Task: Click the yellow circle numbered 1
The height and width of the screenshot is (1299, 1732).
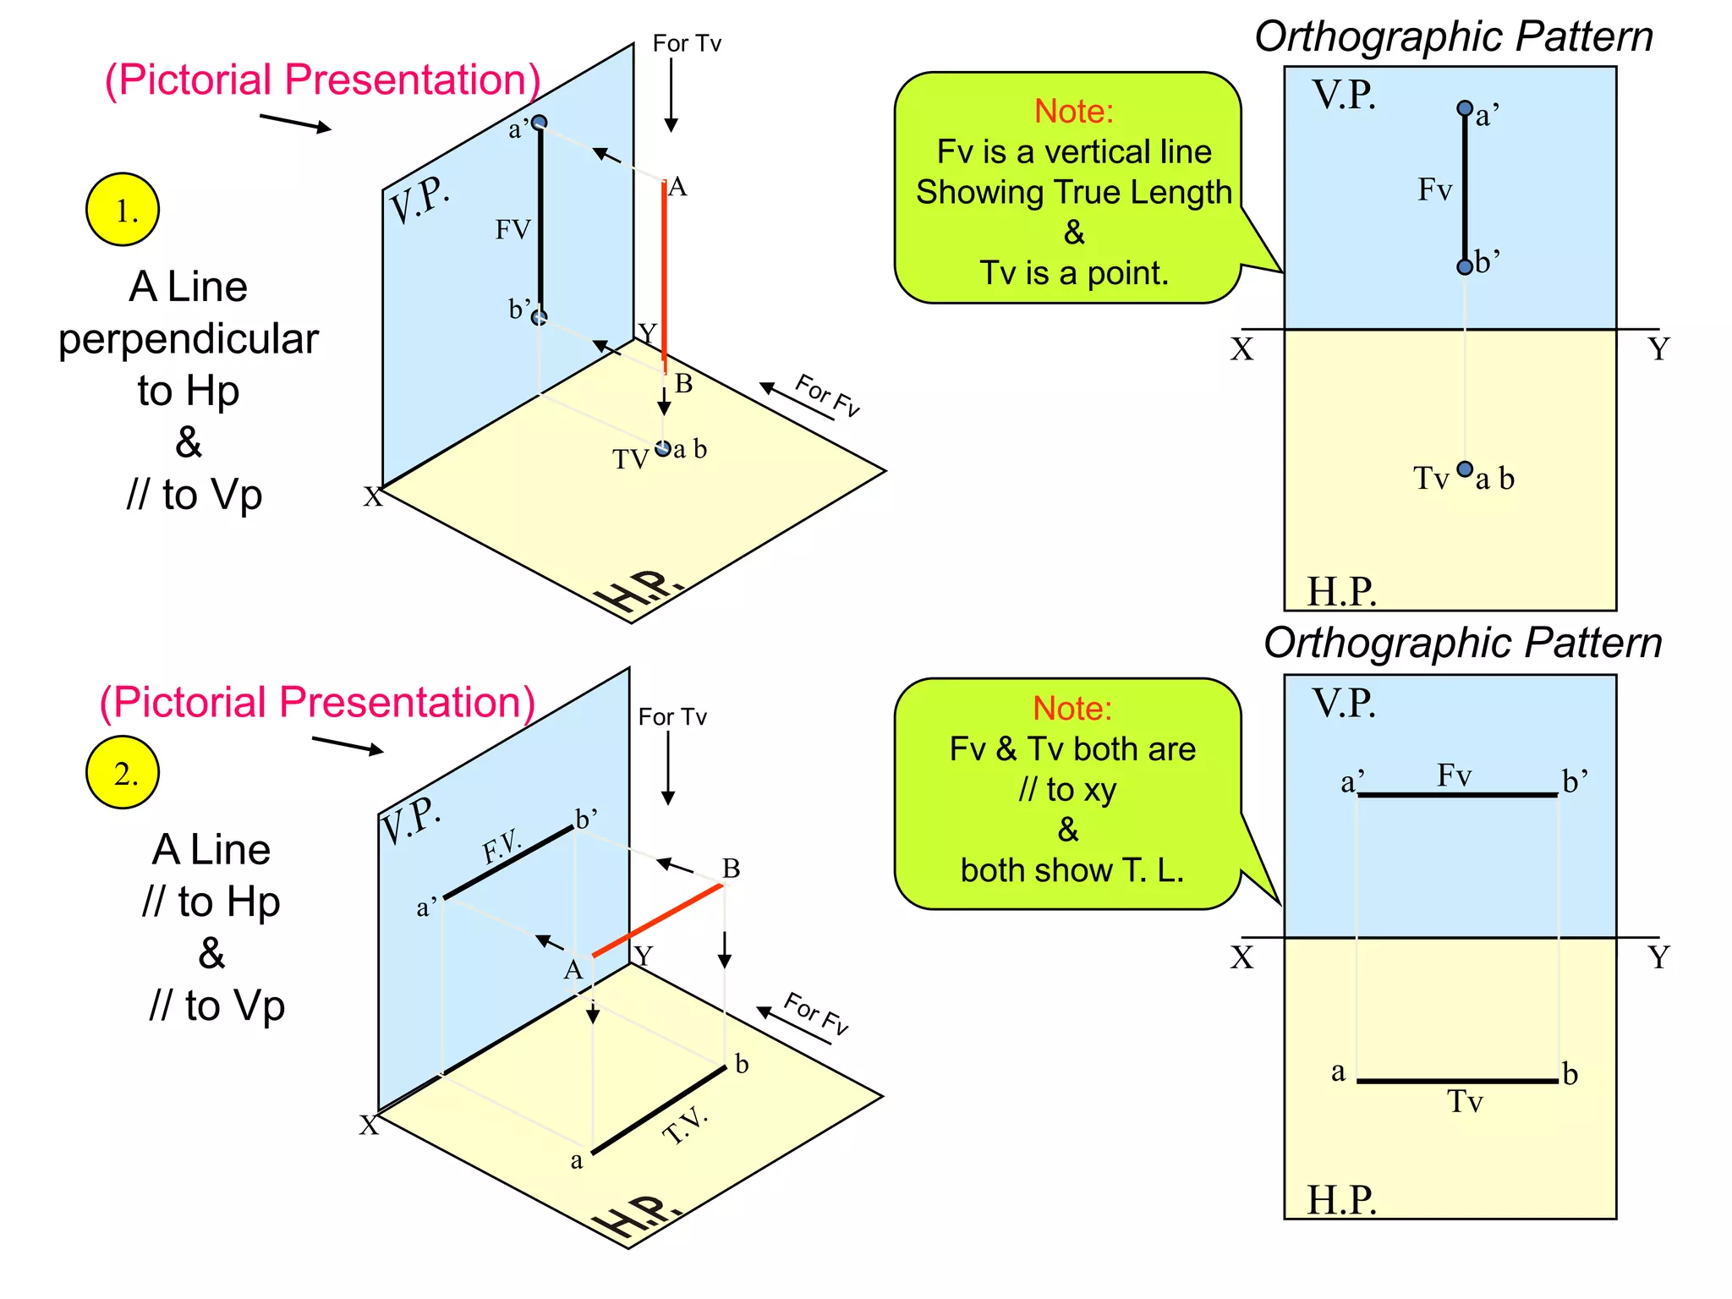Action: coord(123,210)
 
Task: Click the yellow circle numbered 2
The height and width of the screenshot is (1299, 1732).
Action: coord(123,772)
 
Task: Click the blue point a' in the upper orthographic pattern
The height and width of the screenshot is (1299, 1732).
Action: coord(1465,108)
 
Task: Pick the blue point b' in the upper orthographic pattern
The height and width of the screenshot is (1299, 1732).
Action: coord(1465,267)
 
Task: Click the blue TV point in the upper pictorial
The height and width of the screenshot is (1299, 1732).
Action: coord(663,448)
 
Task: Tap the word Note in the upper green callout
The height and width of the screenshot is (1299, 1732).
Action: coord(1074,112)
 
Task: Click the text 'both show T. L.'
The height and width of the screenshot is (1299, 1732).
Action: coord(1072,870)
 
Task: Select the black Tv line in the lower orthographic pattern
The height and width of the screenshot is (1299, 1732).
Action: coord(1457,1081)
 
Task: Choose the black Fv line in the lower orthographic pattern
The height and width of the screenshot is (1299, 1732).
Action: coord(1457,795)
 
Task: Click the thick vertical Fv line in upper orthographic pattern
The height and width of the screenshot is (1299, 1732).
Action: coord(1465,188)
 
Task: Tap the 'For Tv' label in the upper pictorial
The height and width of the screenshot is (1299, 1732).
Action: coord(687,43)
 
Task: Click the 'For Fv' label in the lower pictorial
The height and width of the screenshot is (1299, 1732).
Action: coord(815,1014)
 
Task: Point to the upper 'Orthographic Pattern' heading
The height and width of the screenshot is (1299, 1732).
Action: coord(1454,37)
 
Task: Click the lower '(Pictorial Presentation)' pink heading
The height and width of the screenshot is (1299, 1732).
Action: coord(317,703)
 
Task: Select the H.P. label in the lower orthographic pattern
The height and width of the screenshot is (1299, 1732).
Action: coord(1341,1199)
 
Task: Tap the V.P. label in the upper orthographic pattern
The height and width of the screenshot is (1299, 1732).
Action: coord(1344,95)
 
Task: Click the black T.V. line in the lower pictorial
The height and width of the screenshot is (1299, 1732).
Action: coord(659,1110)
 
